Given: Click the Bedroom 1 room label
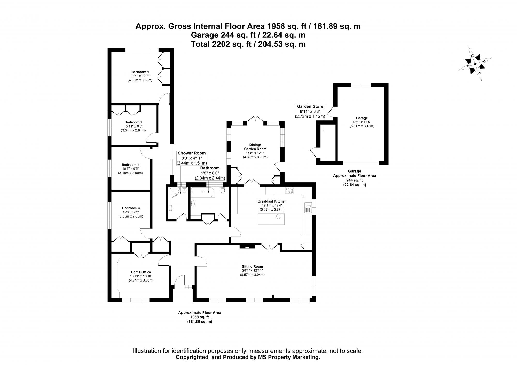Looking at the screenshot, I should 140,72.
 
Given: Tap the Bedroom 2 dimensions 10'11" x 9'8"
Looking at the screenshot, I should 133,127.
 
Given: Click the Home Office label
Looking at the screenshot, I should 141,272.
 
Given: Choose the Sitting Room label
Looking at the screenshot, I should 252,267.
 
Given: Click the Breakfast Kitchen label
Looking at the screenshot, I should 272,201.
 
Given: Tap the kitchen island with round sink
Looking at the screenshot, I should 271,219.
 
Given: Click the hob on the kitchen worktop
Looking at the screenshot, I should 289,190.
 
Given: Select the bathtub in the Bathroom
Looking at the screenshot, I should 203,192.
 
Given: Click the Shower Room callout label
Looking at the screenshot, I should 192,153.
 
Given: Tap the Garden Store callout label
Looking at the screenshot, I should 310,106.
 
